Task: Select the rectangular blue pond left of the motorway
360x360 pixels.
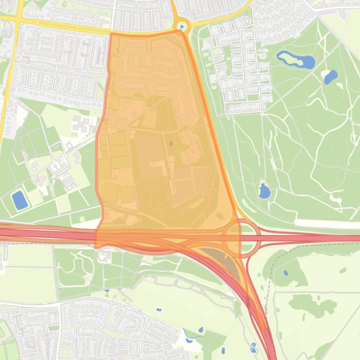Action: click(20, 200)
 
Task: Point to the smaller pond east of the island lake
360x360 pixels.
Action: click(331, 76)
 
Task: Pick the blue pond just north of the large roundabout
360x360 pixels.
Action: click(264, 191)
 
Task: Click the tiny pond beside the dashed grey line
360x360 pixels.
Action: click(286, 273)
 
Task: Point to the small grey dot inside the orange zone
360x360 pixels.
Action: click(171, 144)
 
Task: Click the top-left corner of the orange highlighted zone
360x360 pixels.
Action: click(111, 34)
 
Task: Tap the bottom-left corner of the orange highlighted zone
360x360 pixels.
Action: click(96, 247)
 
